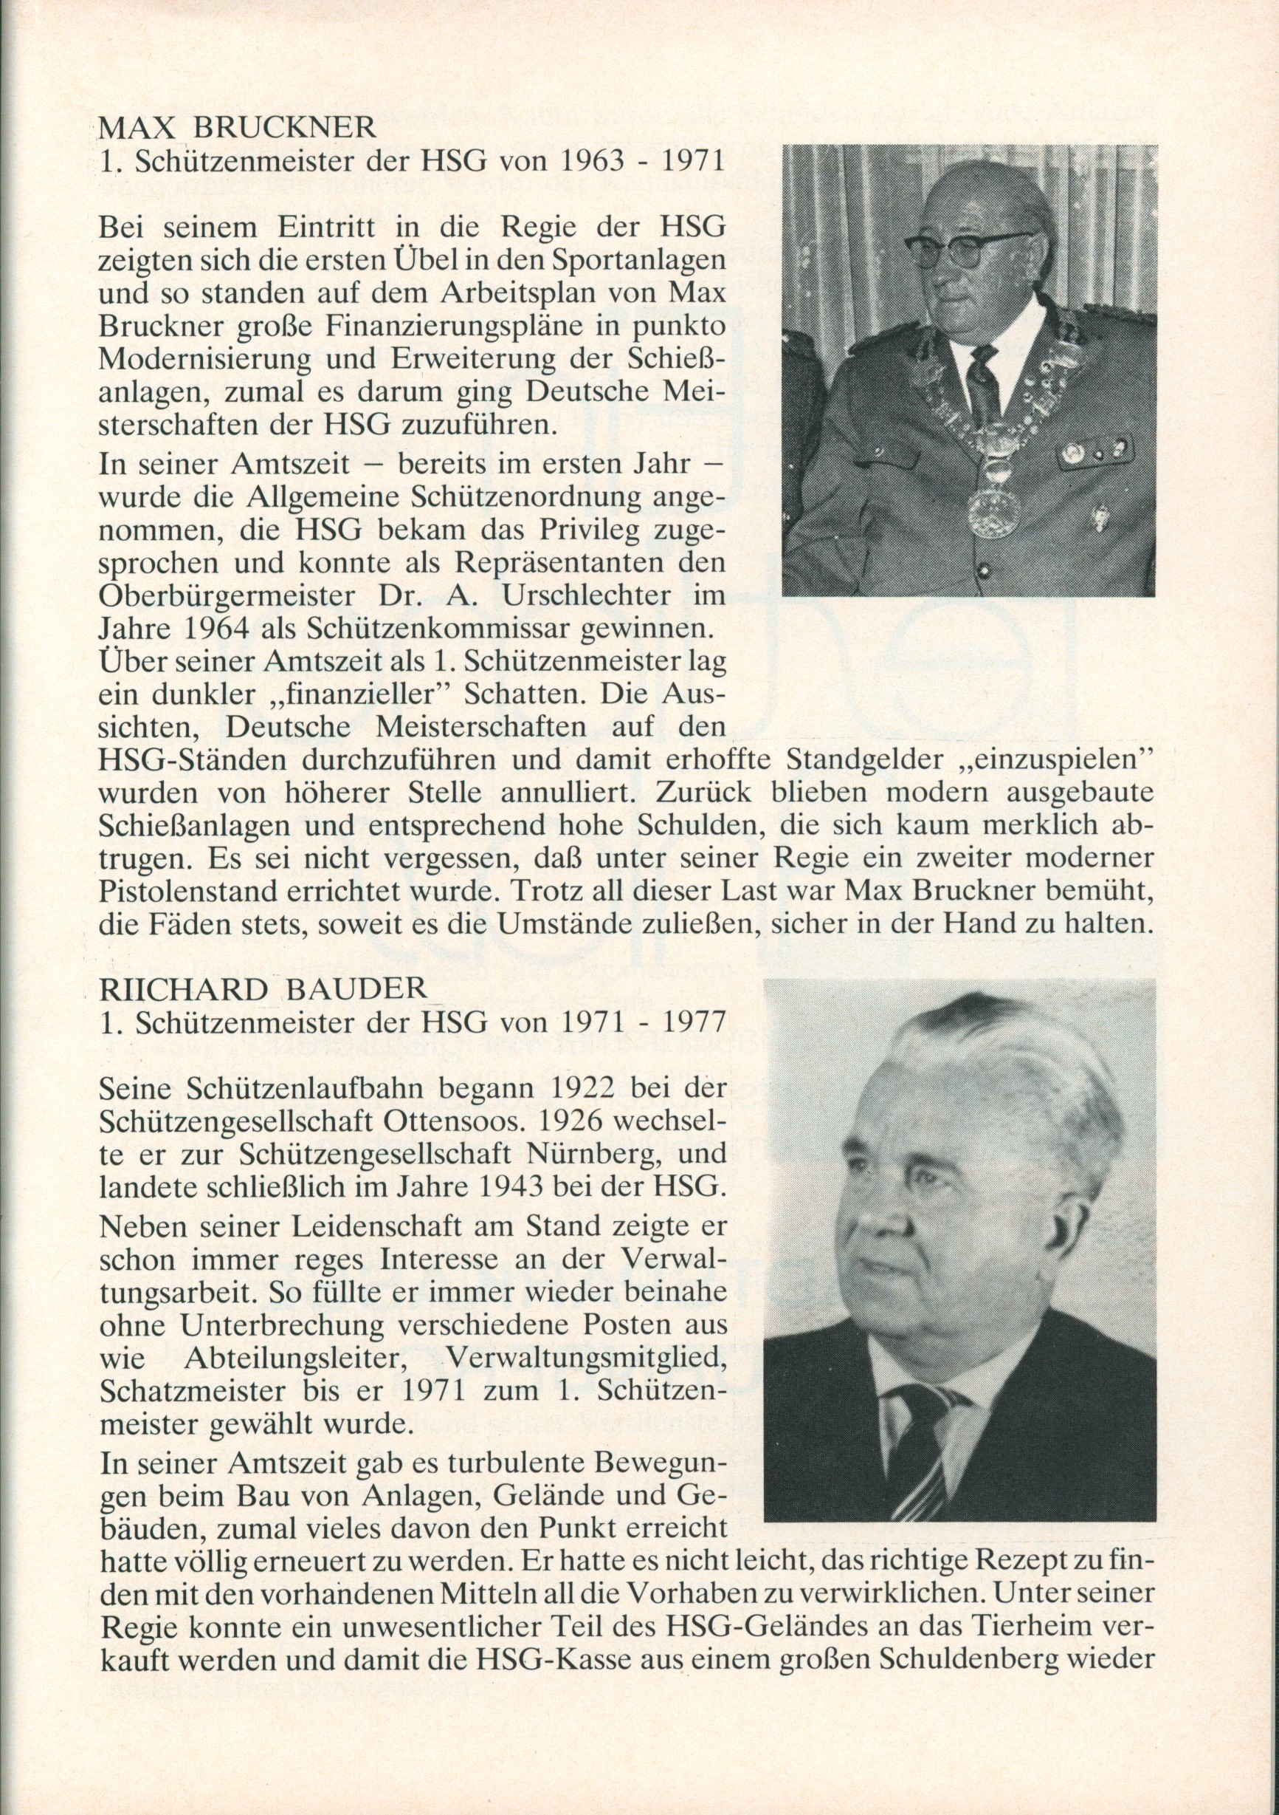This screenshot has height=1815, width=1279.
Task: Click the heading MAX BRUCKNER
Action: coord(235,128)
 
